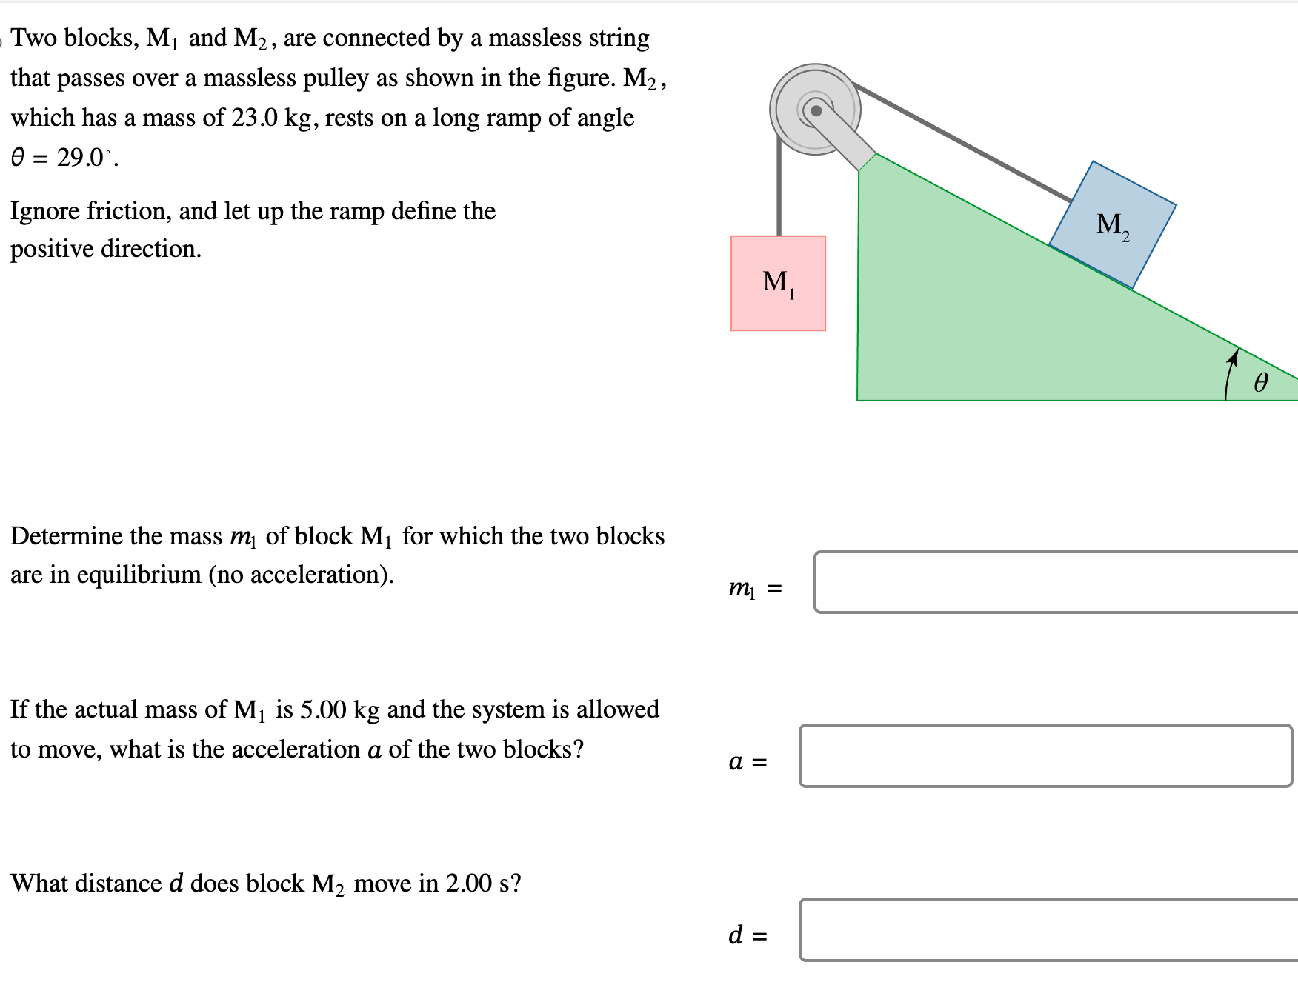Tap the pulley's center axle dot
click(x=816, y=111)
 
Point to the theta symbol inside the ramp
click(x=1260, y=382)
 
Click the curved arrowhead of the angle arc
click(x=1233, y=358)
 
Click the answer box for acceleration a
click(x=1045, y=755)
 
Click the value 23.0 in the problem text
click(x=254, y=118)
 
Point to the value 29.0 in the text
click(x=81, y=158)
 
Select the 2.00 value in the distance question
click(x=468, y=884)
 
